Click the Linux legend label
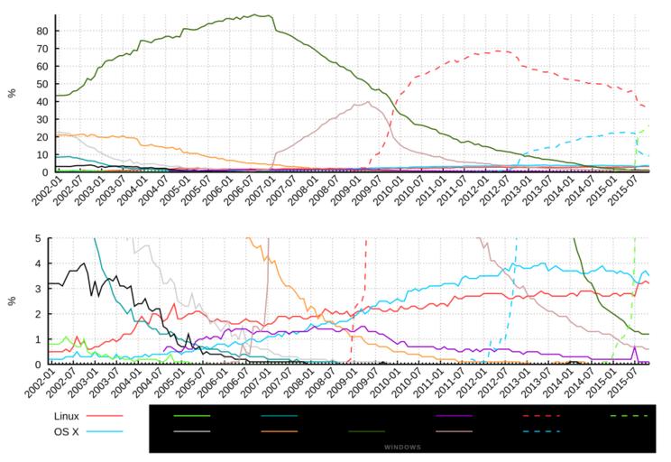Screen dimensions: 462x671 (x=68, y=416)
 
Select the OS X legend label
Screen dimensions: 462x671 (x=68, y=431)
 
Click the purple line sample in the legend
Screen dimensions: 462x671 (x=453, y=416)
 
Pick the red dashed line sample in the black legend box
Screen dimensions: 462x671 (x=541, y=416)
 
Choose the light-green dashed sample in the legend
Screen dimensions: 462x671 (x=629, y=416)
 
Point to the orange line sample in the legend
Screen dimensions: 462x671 (x=280, y=431)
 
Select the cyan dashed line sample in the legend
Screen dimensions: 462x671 (x=541, y=431)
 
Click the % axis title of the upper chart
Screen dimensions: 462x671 (x=13, y=92)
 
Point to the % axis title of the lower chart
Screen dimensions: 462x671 (x=13, y=300)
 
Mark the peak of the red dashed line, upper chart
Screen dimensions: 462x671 (x=499, y=51)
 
